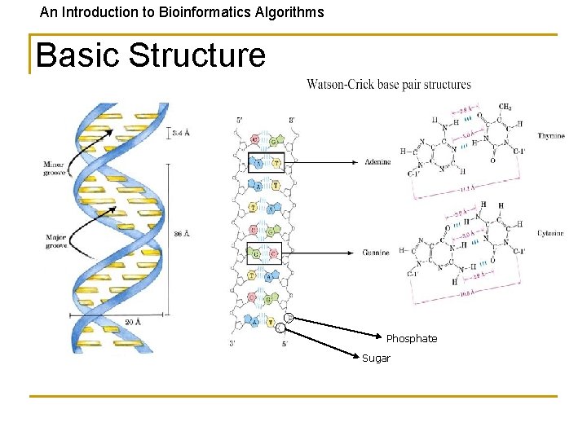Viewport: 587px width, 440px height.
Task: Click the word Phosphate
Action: click(x=411, y=339)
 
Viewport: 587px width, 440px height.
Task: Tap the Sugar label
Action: click(x=376, y=359)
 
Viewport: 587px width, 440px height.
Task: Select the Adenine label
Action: click(x=377, y=162)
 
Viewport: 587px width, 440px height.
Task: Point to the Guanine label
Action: click(x=377, y=253)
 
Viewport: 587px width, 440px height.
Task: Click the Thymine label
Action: click(x=550, y=136)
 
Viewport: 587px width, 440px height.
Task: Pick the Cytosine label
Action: click(x=550, y=234)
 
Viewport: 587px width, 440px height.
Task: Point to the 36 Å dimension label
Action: click(x=182, y=235)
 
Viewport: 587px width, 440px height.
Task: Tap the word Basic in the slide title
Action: click(x=77, y=55)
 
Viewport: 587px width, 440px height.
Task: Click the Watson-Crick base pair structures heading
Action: click(x=389, y=85)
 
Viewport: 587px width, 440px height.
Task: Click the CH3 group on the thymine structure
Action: click(x=505, y=107)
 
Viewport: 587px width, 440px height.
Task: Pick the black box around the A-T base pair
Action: click(x=265, y=163)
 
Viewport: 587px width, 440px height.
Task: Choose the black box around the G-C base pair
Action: click(x=263, y=253)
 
